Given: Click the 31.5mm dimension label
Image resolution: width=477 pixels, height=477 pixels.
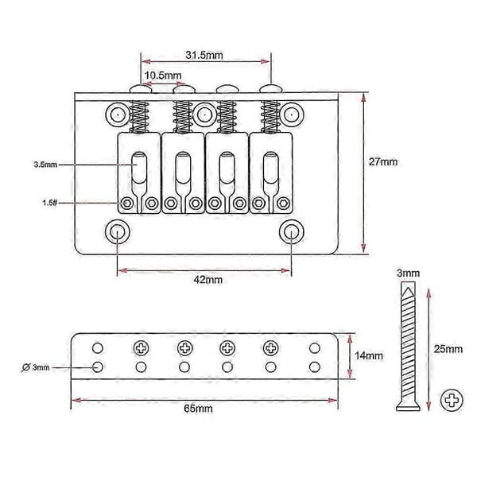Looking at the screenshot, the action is click(204, 55).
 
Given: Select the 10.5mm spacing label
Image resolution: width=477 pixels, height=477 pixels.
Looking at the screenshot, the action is click(163, 76).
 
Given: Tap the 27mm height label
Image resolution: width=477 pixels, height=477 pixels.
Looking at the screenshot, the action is click(383, 161).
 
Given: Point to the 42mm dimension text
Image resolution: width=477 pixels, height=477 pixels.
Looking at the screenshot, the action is click(208, 280).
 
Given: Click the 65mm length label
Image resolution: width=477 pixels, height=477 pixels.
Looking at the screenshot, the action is click(198, 409).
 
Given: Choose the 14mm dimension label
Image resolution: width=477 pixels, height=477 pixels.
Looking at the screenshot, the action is click(369, 355).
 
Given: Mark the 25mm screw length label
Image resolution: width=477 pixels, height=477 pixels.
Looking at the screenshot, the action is click(448, 349).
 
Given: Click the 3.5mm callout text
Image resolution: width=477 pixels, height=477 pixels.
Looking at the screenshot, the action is click(45, 165).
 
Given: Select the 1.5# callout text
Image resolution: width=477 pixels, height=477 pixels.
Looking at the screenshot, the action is click(49, 203).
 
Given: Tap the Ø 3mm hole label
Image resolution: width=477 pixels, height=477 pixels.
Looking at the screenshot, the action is click(36, 367).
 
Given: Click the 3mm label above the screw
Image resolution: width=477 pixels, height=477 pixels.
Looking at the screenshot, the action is click(408, 273).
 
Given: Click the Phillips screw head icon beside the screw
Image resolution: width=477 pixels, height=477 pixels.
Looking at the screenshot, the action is click(452, 400).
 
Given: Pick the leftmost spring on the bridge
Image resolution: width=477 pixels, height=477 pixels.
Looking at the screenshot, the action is click(139, 117).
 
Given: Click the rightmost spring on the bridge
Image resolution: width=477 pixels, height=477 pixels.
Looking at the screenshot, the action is click(270, 117).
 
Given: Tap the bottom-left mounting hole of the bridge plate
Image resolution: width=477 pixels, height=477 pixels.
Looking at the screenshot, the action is click(117, 232).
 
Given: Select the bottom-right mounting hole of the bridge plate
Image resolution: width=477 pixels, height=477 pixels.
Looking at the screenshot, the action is click(292, 232).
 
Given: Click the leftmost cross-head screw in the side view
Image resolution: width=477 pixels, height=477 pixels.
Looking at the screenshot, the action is click(142, 347).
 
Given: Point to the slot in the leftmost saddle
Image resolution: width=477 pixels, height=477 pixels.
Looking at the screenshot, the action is click(139, 168).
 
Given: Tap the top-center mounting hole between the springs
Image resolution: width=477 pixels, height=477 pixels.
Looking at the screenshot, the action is click(204, 114).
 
